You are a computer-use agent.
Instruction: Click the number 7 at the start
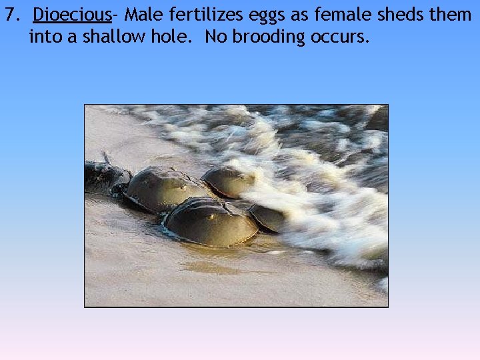point(10,15)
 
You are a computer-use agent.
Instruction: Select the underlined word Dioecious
point(71,15)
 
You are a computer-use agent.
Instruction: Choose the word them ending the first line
point(452,15)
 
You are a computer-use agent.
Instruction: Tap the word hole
point(174,37)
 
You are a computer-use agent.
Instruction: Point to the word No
point(216,37)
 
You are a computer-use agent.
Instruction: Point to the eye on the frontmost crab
point(211,217)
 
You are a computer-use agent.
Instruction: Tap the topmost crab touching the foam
point(229,181)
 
